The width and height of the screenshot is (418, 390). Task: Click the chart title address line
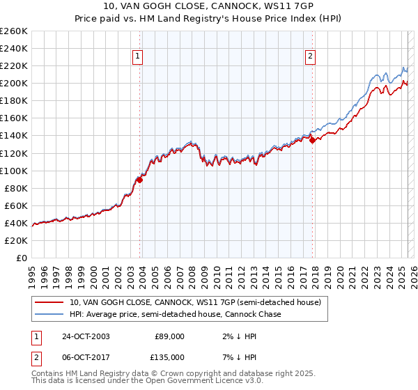[209, 7]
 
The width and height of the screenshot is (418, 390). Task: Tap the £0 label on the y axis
[22, 258]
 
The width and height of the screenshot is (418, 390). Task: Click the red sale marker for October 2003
[139, 180]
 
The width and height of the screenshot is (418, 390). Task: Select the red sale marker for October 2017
[311, 140]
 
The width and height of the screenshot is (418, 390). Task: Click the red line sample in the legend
[49, 303]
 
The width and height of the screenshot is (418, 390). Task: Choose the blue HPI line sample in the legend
[49, 315]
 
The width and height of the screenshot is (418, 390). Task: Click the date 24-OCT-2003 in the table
[86, 336]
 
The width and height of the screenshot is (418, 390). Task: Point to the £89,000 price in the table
[169, 336]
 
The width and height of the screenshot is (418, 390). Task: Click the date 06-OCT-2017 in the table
[86, 357]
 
